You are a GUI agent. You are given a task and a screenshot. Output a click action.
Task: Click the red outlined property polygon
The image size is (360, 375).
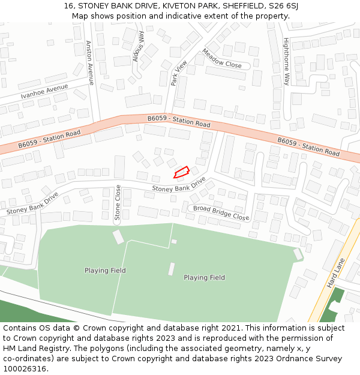181,172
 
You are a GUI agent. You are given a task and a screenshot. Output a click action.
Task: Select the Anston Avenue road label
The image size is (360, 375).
89,62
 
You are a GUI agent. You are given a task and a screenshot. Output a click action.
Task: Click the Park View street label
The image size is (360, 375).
179,73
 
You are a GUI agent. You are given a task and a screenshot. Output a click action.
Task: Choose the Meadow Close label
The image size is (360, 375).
221,58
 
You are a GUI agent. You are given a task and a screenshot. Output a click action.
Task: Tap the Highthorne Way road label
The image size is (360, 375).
286,61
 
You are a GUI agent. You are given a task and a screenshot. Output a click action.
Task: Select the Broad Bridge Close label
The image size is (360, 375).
220,213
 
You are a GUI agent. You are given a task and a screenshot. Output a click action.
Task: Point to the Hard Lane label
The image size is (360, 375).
337,274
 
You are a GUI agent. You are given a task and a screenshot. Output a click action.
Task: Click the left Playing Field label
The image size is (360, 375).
105,271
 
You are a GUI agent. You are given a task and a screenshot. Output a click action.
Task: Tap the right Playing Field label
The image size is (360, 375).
204,278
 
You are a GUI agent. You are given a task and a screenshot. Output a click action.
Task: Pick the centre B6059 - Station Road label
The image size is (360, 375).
179,121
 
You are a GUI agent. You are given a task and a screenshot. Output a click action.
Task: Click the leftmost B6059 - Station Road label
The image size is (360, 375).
49,139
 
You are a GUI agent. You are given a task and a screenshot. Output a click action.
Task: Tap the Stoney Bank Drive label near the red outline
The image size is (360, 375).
179,185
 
